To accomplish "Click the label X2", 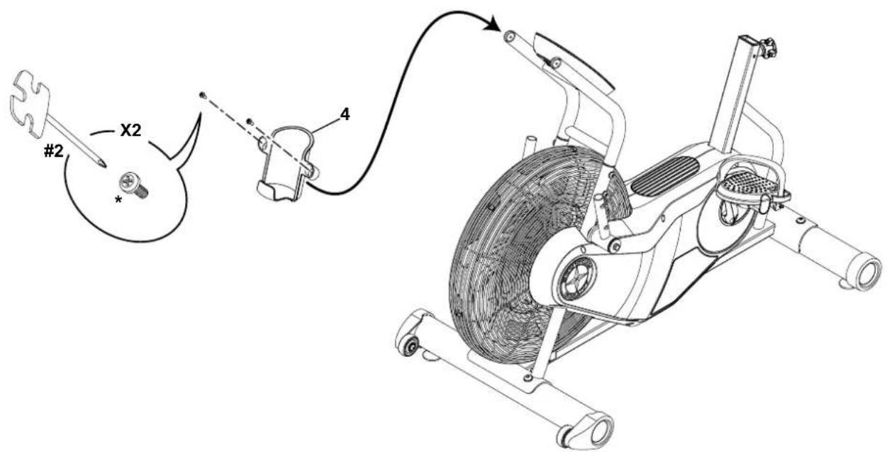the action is pos(130,132).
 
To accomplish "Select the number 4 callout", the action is pos(344,113).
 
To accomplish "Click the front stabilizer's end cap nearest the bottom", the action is pos(600,429).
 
